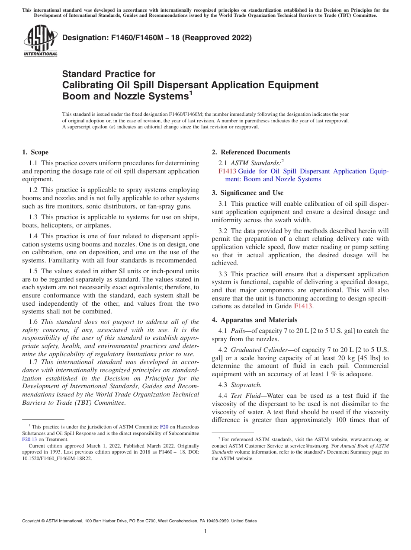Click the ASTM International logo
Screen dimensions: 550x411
point(40,41)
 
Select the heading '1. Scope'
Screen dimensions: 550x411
point(35,152)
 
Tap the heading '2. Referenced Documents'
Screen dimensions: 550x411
point(251,152)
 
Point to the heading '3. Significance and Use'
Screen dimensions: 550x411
point(248,193)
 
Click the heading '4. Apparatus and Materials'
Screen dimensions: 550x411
point(254,320)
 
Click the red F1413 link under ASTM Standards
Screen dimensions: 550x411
point(227,171)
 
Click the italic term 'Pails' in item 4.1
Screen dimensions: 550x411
point(238,331)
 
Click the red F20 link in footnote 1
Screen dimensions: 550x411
point(164,427)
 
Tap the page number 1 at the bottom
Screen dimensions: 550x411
point(205,531)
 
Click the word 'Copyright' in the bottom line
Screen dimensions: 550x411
point(33,521)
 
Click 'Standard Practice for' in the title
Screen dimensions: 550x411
point(109,74)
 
